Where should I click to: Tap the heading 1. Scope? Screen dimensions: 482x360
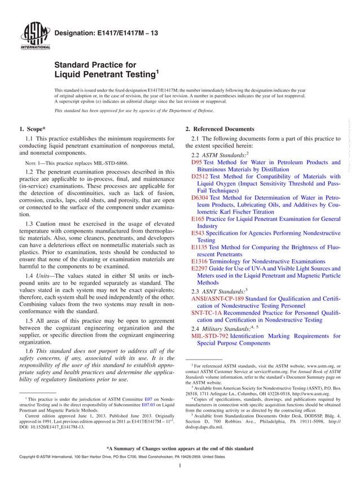coord(33,129)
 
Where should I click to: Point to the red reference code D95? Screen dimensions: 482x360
coord(197,161)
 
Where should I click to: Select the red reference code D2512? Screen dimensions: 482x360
coord(200,176)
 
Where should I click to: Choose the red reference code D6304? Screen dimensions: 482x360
coord(200,198)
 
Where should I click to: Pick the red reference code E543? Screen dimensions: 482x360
coord(198,233)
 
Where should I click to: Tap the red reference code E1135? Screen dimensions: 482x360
coord(200,247)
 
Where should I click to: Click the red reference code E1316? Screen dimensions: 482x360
coord(200,262)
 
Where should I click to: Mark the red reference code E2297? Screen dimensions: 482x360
coord(200,269)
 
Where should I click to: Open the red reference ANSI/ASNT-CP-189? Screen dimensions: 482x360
coord(217,297)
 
